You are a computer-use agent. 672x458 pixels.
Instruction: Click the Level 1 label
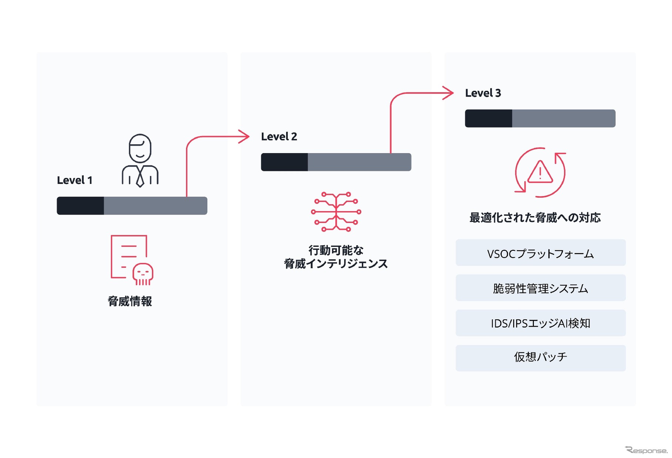pos(74,180)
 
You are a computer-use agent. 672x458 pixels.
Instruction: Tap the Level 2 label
pos(279,137)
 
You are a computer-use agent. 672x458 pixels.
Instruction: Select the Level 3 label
pos(483,93)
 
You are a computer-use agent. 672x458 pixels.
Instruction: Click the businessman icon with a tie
pos(140,160)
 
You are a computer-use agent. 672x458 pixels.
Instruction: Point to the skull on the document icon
pos(143,274)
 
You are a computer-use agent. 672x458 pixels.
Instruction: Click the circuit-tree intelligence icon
pos(336,212)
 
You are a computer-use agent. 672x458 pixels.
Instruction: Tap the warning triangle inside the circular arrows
pos(540,173)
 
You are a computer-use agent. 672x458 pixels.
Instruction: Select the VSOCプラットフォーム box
pos(540,253)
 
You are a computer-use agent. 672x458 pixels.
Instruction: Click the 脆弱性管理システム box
pos(540,288)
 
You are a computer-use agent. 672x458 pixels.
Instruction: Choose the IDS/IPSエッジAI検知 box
pos(540,323)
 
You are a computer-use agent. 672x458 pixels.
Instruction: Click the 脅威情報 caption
pos(130,301)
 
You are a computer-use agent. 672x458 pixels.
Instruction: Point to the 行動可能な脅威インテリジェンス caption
pos(336,257)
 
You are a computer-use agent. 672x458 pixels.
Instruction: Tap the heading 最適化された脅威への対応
pos(535,218)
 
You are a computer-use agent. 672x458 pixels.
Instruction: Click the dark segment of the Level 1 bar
pos(80,206)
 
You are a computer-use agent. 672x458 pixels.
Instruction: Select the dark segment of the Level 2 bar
pos(284,162)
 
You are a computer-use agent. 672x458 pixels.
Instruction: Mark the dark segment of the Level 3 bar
pos(488,118)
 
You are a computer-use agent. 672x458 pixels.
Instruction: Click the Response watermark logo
pos(646,450)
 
